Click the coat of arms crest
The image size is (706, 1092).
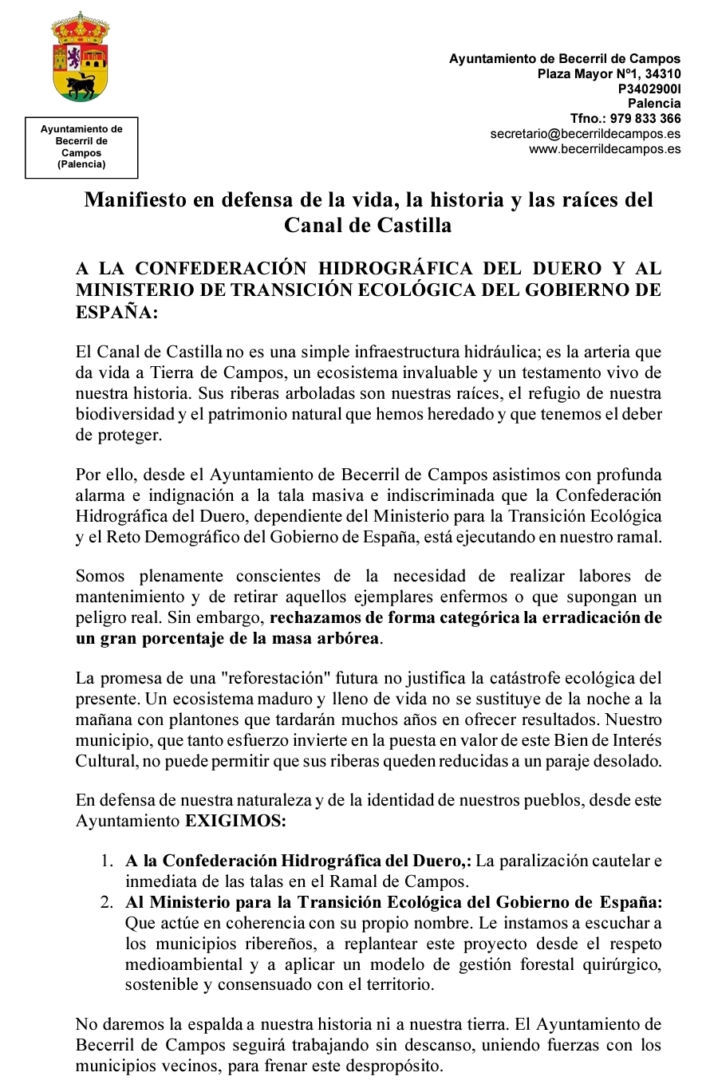pyautogui.click(x=80, y=57)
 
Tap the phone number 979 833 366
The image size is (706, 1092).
pyautogui.click(x=647, y=119)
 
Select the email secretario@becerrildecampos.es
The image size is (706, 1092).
pyautogui.click(x=586, y=134)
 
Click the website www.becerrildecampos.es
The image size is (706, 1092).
pyautogui.click(x=605, y=148)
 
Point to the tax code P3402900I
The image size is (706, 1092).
pyautogui.click(x=649, y=89)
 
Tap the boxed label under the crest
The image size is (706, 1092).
pyautogui.click(x=81, y=147)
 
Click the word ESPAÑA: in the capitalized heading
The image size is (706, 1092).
pyautogui.click(x=117, y=312)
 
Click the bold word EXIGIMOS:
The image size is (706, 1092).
pyautogui.click(x=235, y=820)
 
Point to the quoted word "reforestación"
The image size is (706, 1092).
pyautogui.click(x=275, y=679)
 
